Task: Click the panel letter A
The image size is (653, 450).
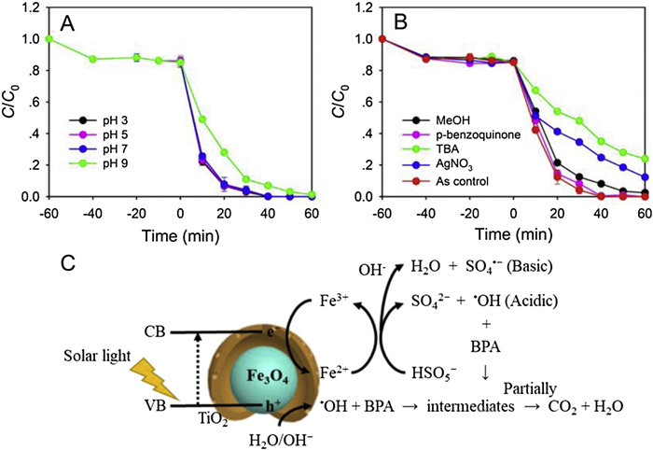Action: [x=67, y=21]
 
